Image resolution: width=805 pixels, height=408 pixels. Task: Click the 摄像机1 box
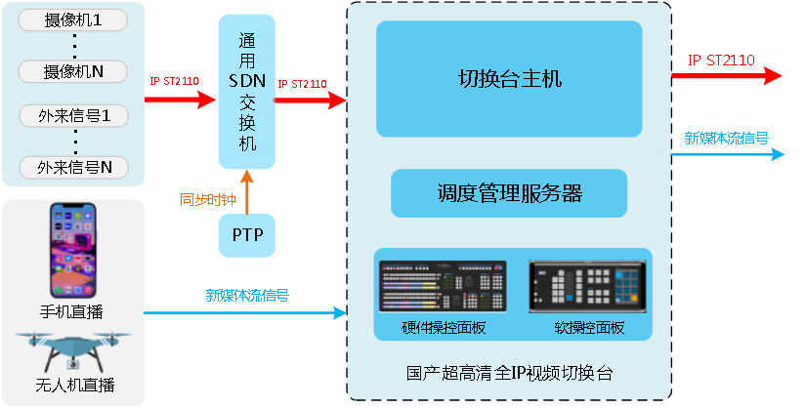72,20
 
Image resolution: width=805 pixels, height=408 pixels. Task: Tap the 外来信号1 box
74,116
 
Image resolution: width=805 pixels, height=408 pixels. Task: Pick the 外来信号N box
74,167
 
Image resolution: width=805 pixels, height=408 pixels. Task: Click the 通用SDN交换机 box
247,92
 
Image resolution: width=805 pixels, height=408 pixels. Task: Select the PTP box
246,235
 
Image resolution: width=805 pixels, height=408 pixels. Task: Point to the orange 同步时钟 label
207,200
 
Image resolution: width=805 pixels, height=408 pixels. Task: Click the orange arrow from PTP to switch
247,191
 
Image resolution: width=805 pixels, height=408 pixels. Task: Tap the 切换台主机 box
509,78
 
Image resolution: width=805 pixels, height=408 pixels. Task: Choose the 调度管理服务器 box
509,192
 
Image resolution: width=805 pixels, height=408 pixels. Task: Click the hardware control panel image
442,286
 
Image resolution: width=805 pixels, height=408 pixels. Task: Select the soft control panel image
588,286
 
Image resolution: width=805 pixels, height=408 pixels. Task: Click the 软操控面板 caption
589,328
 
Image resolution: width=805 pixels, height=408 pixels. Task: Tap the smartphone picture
75,251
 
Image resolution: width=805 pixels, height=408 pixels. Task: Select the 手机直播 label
74,311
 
